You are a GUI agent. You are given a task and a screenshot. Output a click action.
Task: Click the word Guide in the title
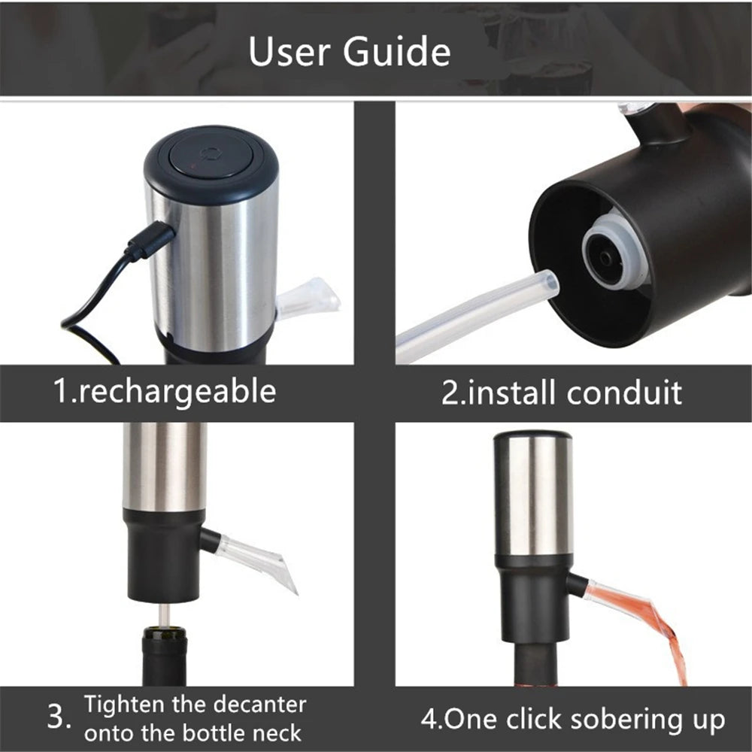396,51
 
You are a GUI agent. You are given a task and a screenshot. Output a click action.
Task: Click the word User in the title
290,51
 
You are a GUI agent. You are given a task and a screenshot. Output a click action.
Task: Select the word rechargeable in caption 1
177,393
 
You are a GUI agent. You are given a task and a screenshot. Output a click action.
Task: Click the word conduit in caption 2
624,393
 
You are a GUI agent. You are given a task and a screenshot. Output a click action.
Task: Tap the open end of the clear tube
550,280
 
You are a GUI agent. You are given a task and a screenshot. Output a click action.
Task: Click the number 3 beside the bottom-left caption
58,717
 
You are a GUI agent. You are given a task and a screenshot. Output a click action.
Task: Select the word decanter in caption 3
259,705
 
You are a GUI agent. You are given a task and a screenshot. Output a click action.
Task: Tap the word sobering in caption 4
626,720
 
